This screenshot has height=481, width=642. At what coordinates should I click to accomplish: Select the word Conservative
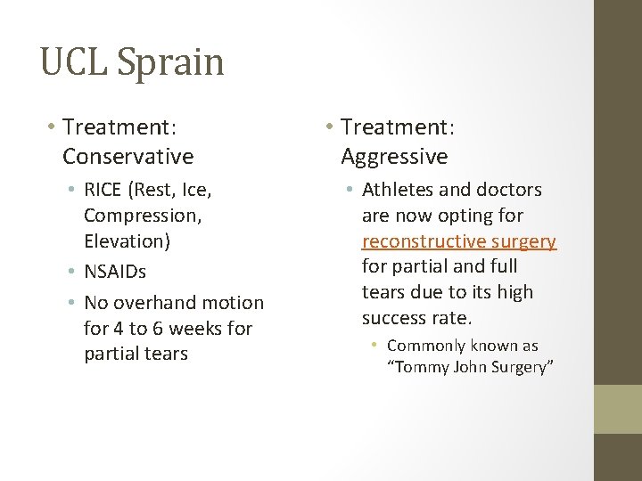128,157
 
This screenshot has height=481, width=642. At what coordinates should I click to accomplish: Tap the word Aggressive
394,157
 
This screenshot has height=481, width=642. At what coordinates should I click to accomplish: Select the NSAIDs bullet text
115,271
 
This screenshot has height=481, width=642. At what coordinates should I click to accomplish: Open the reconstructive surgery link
458,241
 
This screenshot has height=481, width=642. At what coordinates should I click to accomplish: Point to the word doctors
509,190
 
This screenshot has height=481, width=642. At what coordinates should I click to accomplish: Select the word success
391,317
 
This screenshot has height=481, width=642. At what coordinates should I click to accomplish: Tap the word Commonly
426,346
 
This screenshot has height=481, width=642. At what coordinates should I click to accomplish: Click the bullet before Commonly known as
378,346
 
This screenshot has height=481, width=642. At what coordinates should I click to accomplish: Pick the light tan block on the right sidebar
618,409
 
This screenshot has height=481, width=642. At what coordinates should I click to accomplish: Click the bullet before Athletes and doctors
351,190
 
